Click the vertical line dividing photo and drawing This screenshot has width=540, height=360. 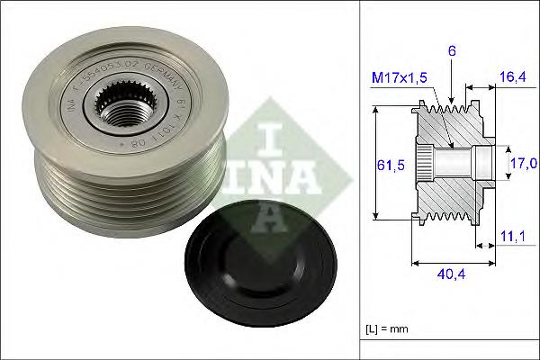[361, 180]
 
